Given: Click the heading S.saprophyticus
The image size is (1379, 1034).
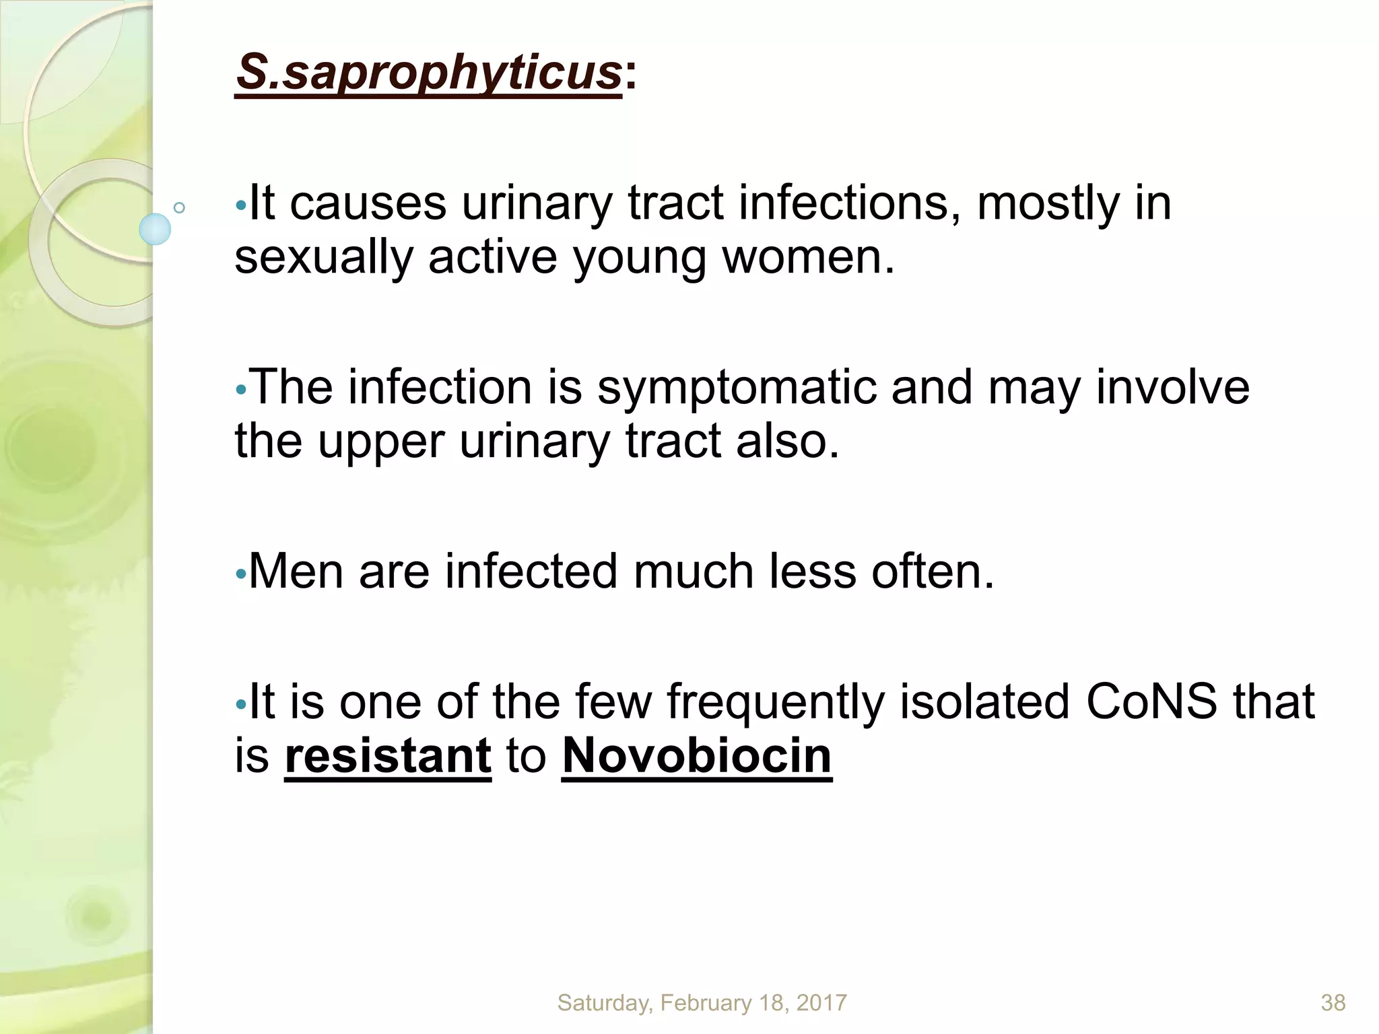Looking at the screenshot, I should (x=429, y=73).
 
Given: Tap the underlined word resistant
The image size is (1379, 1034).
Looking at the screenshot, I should (x=388, y=756).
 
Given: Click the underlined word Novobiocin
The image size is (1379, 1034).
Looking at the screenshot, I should (x=697, y=756).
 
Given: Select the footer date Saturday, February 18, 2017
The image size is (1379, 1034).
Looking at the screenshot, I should (x=702, y=1003).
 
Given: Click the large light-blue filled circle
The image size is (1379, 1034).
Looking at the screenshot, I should (x=155, y=229).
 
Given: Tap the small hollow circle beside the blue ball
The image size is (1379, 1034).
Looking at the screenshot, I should (x=179, y=207).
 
